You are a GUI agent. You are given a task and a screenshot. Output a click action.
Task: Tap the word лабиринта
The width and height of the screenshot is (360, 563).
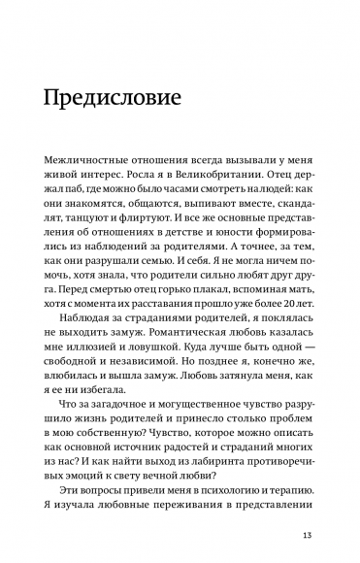(200, 483)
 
